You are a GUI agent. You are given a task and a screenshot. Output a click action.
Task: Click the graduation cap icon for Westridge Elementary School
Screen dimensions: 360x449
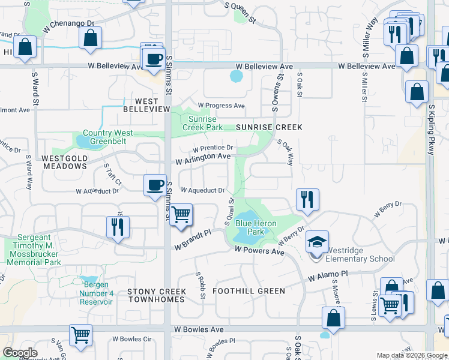(318, 242)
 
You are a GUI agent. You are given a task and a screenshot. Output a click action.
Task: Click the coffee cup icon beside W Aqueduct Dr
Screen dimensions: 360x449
(155, 184)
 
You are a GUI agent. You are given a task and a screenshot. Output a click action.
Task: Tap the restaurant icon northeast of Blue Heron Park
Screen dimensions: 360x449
(307, 199)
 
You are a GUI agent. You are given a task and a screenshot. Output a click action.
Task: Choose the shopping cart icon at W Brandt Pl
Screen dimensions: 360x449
(180, 214)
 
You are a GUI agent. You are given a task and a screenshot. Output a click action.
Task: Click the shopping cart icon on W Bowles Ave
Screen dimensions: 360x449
(80, 335)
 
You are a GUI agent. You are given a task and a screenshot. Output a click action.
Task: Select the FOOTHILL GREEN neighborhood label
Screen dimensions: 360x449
(249, 291)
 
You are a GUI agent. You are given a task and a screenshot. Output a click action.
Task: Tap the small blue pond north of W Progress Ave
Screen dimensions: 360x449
(237, 77)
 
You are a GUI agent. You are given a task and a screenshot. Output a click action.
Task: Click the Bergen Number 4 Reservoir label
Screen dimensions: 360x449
(96, 293)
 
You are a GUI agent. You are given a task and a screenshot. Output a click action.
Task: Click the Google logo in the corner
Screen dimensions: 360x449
(20, 353)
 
